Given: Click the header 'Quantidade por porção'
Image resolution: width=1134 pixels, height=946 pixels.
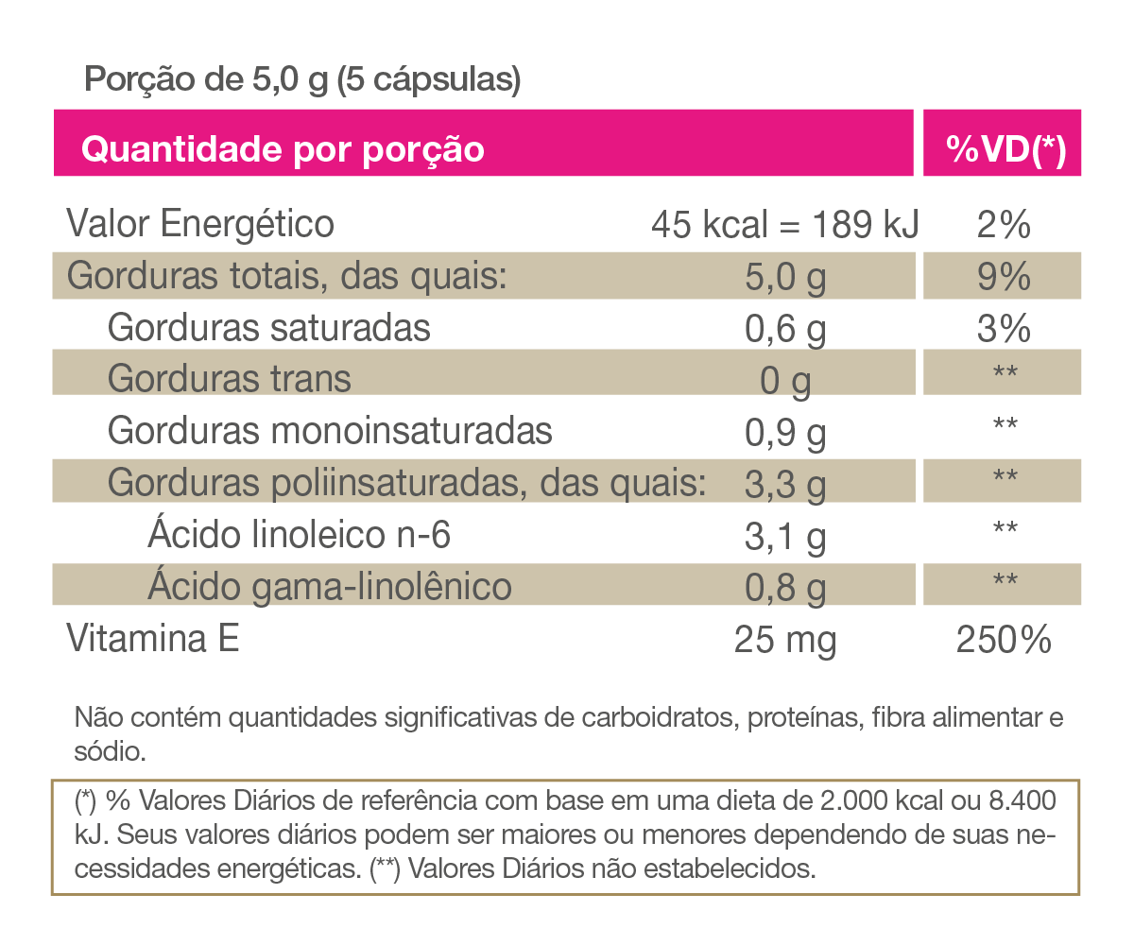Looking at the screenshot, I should (283, 148).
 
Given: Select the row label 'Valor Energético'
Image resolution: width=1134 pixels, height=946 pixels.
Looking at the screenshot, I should (200, 225).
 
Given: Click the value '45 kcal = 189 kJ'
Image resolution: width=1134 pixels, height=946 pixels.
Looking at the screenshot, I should (785, 226).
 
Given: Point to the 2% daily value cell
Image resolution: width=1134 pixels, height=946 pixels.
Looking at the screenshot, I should (1003, 226).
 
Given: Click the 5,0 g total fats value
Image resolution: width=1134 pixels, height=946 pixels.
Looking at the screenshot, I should (785, 278).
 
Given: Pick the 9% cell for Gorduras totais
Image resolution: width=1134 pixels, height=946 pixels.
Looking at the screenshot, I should (1003, 278).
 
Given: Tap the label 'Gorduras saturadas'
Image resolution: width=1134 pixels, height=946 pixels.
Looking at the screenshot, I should (269, 328).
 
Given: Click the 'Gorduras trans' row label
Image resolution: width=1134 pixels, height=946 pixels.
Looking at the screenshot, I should (230, 379).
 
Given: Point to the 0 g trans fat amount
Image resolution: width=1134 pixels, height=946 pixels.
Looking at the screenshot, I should (785, 381).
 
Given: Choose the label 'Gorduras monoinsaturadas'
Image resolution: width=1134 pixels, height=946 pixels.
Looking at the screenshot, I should (330, 431).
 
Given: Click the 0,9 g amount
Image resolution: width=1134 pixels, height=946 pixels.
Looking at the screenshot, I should (785, 433).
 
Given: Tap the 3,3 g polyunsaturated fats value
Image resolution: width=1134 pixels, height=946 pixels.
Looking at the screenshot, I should (785, 485).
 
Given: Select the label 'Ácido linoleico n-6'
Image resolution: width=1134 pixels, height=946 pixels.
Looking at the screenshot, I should (299, 536).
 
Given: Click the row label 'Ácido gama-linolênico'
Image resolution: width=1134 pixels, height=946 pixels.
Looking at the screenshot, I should (330, 587).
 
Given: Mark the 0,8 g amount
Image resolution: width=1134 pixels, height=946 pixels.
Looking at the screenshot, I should (785, 588).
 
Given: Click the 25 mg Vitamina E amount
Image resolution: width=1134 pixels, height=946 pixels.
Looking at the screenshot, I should (785, 641).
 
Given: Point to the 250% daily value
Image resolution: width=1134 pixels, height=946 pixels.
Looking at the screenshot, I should (1004, 641).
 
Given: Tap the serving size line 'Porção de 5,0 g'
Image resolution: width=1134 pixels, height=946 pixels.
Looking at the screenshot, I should (302, 79).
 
